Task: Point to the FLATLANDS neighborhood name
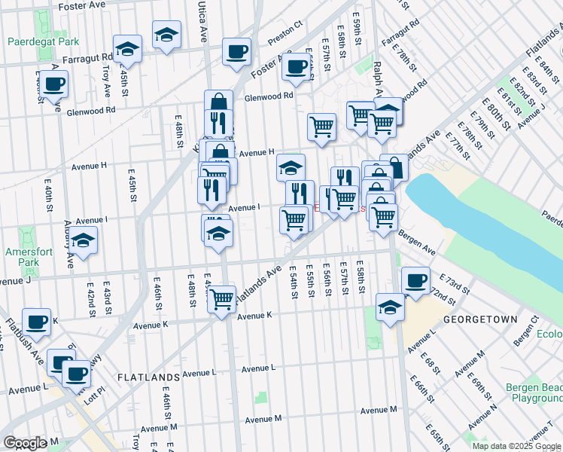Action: pyautogui.click(x=148, y=376)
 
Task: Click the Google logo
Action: pyautogui.click(x=25, y=443)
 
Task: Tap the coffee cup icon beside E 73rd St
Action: pyautogui.click(x=415, y=281)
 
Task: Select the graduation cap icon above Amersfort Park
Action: pyautogui.click(x=84, y=240)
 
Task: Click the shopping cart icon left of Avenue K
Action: pyautogui.click(x=221, y=299)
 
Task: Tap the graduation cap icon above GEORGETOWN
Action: pyautogui.click(x=389, y=307)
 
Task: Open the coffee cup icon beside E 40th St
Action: pyautogui.click(x=53, y=84)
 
